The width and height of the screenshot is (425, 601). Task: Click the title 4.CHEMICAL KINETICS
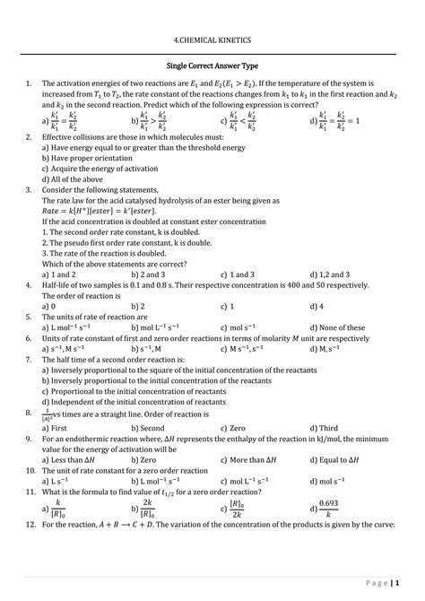point(212,41)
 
